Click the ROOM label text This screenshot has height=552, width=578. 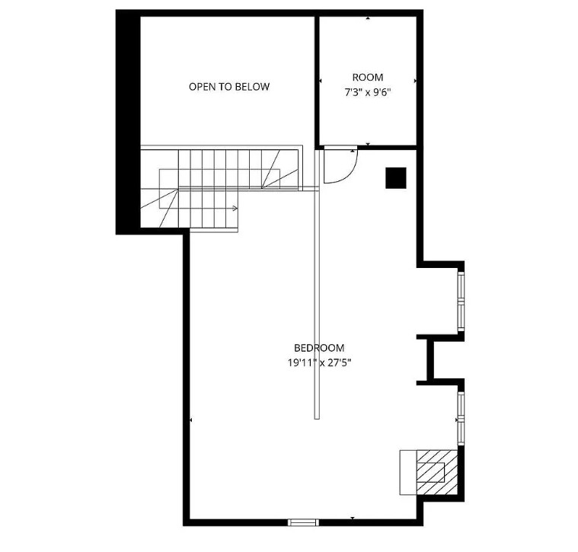coord(368,78)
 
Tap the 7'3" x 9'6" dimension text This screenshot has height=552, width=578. coord(368,92)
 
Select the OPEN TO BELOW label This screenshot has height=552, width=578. coord(229,87)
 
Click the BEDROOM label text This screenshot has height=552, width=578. coord(319,348)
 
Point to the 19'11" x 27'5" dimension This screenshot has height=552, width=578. coord(319,363)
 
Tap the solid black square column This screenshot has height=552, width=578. coord(396,178)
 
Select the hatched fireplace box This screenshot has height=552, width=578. coord(437,472)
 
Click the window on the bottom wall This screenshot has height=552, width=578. coord(303,522)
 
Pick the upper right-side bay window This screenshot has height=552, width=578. coord(461,301)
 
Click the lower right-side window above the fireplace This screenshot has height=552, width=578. coord(461,418)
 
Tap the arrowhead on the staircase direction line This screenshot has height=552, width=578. coord(235,208)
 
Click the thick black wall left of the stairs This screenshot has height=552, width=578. coord(128,122)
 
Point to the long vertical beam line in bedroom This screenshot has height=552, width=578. coord(317,284)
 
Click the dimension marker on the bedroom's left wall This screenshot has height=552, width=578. coord(190,420)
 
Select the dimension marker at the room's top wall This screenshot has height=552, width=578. coord(368,18)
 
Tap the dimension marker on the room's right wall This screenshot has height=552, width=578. coord(415,81)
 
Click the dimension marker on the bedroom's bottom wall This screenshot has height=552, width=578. coord(353,518)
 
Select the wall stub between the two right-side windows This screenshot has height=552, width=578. coord(430,359)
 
